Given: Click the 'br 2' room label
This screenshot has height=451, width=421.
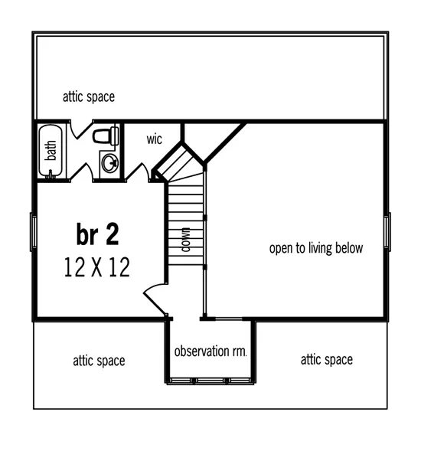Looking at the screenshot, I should tap(97, 233).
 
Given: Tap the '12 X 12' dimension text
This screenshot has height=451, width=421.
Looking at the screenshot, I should tap(97, 267).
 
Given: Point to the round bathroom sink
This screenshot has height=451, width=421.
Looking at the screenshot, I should tap(110, 162).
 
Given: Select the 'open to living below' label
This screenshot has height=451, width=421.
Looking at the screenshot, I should tap(315, 248).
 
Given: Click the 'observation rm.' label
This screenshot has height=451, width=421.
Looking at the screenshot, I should tap(210, 351).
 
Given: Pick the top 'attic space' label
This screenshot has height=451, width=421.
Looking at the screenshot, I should tap(89, 97).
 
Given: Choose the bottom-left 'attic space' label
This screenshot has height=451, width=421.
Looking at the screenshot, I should tap(99, 360).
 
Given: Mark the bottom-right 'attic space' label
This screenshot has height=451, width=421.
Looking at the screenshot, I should tap(326, 359).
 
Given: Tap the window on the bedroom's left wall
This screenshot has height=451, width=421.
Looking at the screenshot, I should tap(31, 230).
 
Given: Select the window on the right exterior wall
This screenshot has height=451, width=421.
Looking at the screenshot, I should tap(387, 230).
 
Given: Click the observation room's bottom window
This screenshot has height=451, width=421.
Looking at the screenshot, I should tap(209, 381).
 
